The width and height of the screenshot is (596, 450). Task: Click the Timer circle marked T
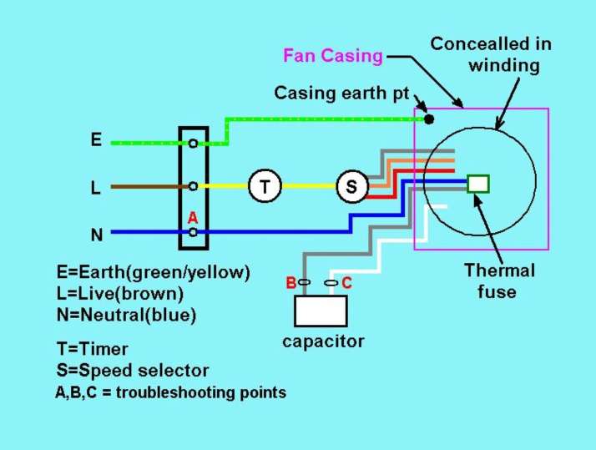(265, 186)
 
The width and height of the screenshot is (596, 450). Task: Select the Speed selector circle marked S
(352, 186)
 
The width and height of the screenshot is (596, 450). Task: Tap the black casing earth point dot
(429, 119)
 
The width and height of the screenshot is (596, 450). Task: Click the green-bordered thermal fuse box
(478, 184)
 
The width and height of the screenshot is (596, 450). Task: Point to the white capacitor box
(321, 311)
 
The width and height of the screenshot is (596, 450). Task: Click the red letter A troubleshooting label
(193, 218)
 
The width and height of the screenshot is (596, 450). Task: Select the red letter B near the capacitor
(290, 283)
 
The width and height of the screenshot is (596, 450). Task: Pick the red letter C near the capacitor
(346, 283)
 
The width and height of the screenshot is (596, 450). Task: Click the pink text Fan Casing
(333, 55)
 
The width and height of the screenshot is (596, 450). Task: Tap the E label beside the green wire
(96, 139)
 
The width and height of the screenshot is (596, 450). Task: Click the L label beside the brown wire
(95, 187)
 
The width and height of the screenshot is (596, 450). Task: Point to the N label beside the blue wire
(97, 235)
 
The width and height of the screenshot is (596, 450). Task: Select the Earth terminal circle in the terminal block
(193, 144)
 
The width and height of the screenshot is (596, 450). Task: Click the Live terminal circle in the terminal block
(193, 186)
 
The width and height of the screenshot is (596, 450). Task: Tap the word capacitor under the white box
(323, 341)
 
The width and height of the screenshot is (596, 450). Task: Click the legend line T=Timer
(93, 349)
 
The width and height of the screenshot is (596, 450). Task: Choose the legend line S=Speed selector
(133, 371)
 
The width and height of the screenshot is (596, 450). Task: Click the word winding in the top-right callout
(504, 65)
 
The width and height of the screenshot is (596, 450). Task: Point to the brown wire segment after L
(149, 187)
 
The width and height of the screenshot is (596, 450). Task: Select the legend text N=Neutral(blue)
(127, 315)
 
